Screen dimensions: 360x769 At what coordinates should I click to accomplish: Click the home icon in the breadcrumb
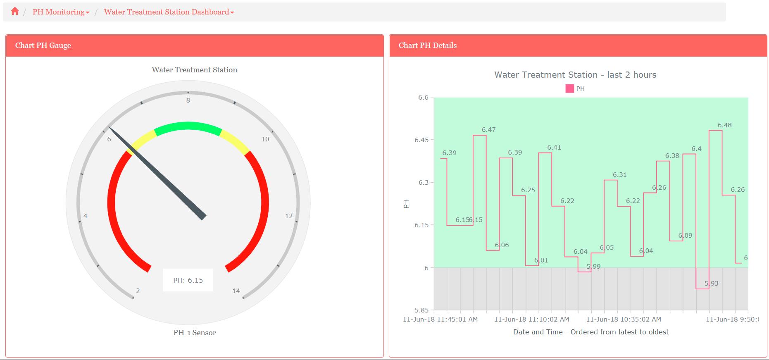(x=15, y=12)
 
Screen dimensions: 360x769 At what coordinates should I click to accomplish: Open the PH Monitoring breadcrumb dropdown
(x=61, y=12)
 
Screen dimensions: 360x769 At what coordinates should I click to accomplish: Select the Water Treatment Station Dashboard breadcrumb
(x=169, y=12)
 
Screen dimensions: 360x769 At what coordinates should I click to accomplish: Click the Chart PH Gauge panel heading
(x=43, y=45)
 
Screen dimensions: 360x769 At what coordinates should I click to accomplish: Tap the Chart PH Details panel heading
(x=427, y=45)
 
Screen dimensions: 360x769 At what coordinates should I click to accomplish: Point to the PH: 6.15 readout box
(x=188, y=280)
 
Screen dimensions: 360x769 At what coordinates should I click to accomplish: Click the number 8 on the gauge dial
(x=188, y=100)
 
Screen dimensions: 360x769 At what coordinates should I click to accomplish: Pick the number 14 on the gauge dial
(x=236, y=291)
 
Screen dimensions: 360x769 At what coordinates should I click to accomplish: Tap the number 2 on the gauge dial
(x=138, y=291)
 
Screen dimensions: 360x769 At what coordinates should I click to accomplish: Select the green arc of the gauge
(x=188, y=126)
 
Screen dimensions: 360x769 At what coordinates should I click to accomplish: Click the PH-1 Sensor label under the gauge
(x=194, y=333)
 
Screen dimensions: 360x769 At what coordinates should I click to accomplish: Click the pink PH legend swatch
(x=569, y=89)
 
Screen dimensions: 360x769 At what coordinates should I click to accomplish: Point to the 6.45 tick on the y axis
(x=421, y=140)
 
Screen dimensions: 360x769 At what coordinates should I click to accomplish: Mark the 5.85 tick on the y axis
(x=421, y=310)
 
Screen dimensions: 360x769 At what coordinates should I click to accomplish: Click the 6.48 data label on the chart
(x=724, y=125)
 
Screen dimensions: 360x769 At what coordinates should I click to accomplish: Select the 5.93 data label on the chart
(x=712, y=284)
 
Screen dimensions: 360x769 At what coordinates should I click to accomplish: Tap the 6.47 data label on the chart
(x=488, y=130)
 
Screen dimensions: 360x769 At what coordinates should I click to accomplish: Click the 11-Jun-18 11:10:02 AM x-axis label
(x=531, y=319)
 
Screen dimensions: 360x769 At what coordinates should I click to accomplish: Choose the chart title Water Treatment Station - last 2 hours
(x=575, y=75)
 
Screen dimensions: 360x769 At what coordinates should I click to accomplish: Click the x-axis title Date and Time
(x=590, y=332)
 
